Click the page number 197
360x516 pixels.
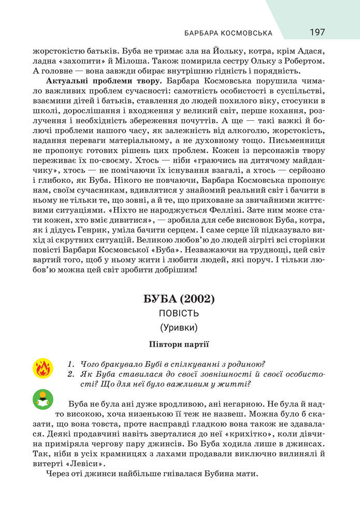click(x=317, y=32)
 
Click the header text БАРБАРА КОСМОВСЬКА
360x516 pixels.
click(x=228, y=33)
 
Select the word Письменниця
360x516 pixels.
click(x=299, y=140)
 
